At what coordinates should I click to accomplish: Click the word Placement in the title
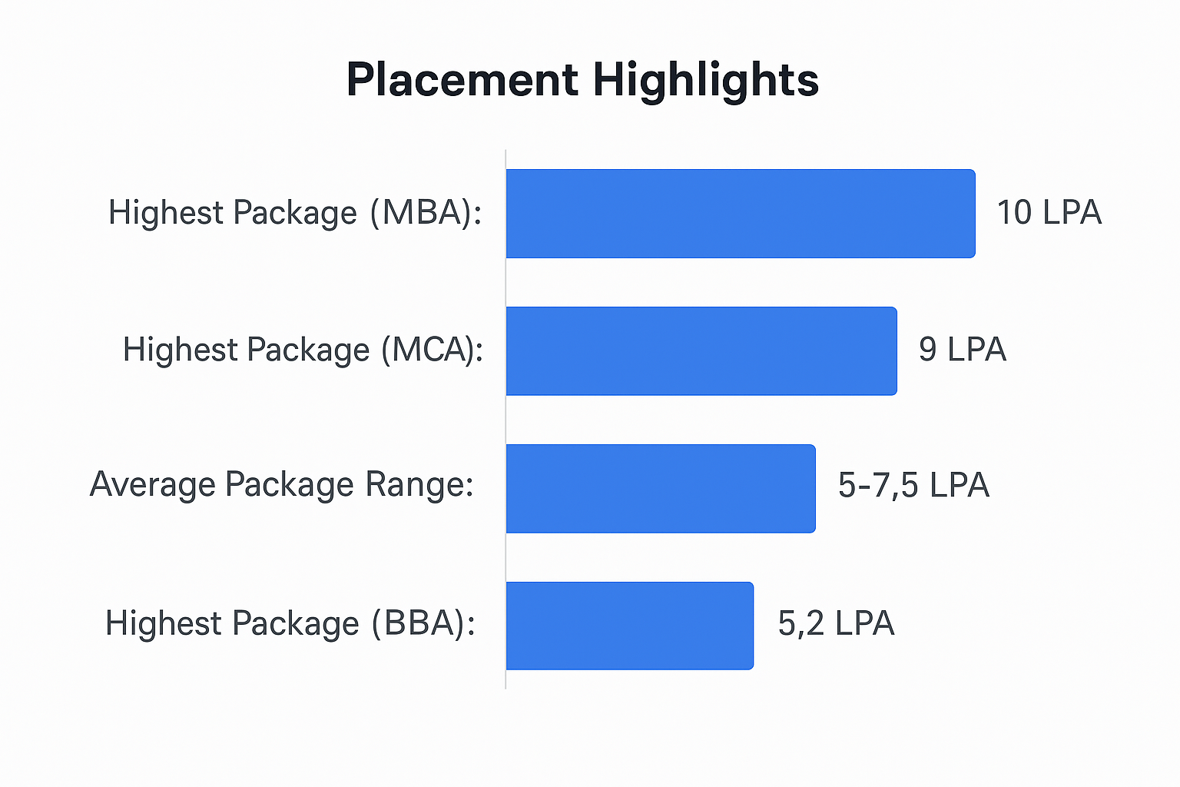[x=462, y=80]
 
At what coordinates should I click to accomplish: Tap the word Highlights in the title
[x=705, y=80]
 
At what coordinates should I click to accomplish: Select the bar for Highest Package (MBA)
[x=741, y=214]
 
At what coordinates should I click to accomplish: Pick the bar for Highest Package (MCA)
[x=701, y=351]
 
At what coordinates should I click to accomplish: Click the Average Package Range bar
[x=661, y=488]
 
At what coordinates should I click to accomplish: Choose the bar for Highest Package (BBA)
[x=630, y=626]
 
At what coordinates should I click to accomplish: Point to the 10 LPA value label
[x=1049, y=213]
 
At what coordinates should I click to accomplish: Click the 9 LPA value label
[x=962, y=350]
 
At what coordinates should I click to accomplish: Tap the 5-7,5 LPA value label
[x=913, y=486]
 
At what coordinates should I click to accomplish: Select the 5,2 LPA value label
[x=836, y=623]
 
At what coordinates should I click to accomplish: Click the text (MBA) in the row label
[x=425, y=213]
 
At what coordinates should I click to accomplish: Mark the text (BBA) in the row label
[x=423, y=623]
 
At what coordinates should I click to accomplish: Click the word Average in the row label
[x=152, y=485]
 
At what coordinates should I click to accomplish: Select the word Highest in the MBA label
[x=165, y=213]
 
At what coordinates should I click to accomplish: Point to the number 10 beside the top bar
[x=1014, y=213]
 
